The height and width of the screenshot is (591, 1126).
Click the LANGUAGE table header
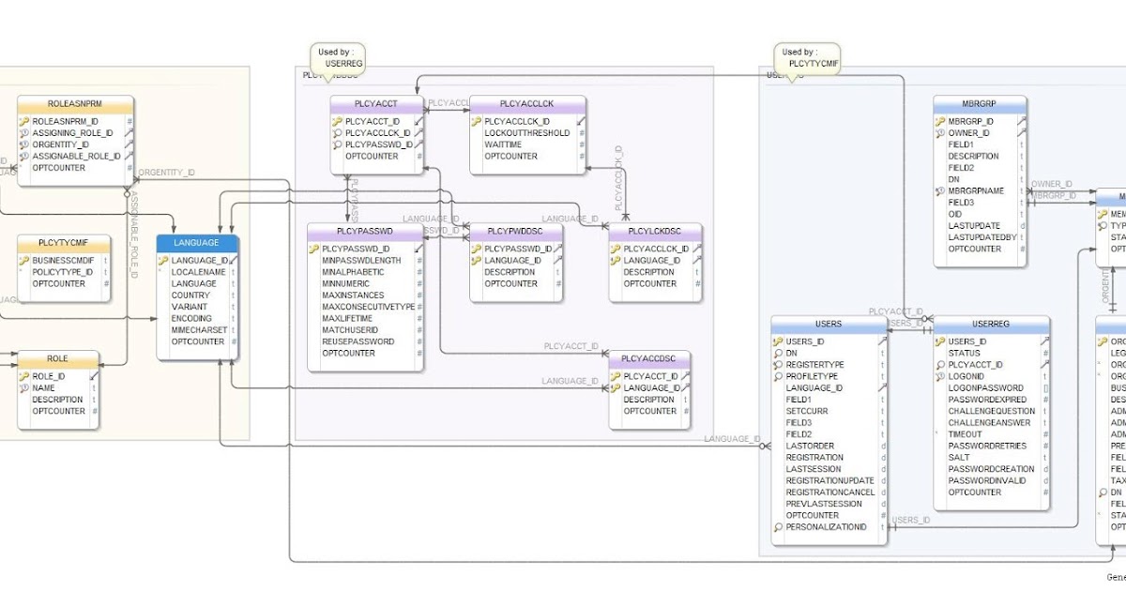[x=197, y=243]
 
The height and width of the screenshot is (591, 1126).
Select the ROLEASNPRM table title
[x=76, y=103]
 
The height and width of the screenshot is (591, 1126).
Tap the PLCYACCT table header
[x=376, y=103]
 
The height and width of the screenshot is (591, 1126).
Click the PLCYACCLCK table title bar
[x=526, y=103]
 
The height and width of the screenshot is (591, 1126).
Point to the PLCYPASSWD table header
[x=364, y=231]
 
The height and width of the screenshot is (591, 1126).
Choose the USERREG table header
[x=991, y=324]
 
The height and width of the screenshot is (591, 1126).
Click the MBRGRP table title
[x=979, y=103]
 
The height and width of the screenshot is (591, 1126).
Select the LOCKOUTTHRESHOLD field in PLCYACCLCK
[x=526, y=133]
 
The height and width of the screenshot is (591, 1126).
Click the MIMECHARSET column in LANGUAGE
[x=199, y=330]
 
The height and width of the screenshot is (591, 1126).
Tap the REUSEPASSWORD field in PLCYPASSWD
[x=358, y=341]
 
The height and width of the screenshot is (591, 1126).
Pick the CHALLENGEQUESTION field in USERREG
[x=992, y=411]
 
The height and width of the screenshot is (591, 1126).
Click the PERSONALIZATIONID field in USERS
[x=826, y=527]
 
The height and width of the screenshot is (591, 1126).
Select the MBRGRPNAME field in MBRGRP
[x=976, y=190]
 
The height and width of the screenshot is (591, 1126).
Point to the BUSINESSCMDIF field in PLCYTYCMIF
[x=63, y=260]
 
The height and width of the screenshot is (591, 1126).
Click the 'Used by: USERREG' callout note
[x=337, y=57]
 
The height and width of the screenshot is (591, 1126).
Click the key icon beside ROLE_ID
[x=23, y=376]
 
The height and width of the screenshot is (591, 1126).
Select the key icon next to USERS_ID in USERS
[x=777, y=341]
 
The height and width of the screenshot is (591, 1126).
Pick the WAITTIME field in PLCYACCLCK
[x=503, y=144]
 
